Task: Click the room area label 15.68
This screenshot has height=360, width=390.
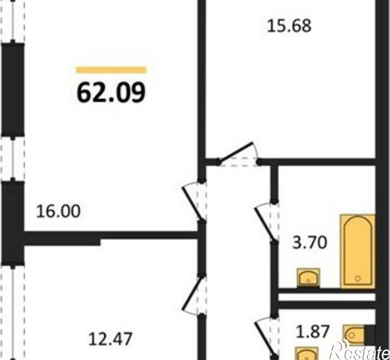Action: pos(289,26)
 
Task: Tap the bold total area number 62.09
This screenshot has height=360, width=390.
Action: pos(111,92)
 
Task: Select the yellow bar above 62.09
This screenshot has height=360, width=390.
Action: pos(111,70)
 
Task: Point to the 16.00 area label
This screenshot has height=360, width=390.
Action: pos(58,211)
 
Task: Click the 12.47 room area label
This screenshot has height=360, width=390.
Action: pos(110,339)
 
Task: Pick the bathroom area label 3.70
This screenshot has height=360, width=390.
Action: pos(309,243)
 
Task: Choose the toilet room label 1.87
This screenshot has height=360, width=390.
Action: pos(313,331)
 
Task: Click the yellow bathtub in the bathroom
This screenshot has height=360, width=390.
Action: pos(358,251)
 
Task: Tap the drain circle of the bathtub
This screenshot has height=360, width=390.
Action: pos(358,278)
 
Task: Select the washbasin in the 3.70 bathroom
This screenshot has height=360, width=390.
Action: pos(308,278)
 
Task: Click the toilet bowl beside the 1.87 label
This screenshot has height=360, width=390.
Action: pos(353,335)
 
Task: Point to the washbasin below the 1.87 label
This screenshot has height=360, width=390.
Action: pos(307,354)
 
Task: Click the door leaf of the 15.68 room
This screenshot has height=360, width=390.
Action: pos(236,152)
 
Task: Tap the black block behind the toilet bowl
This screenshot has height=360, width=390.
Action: pos(370,335)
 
